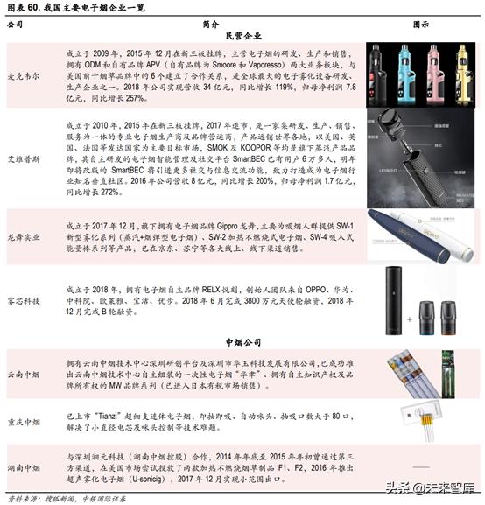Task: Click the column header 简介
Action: [209, 25]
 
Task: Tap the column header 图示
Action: [418, 25]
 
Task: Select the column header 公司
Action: [15, 25]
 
